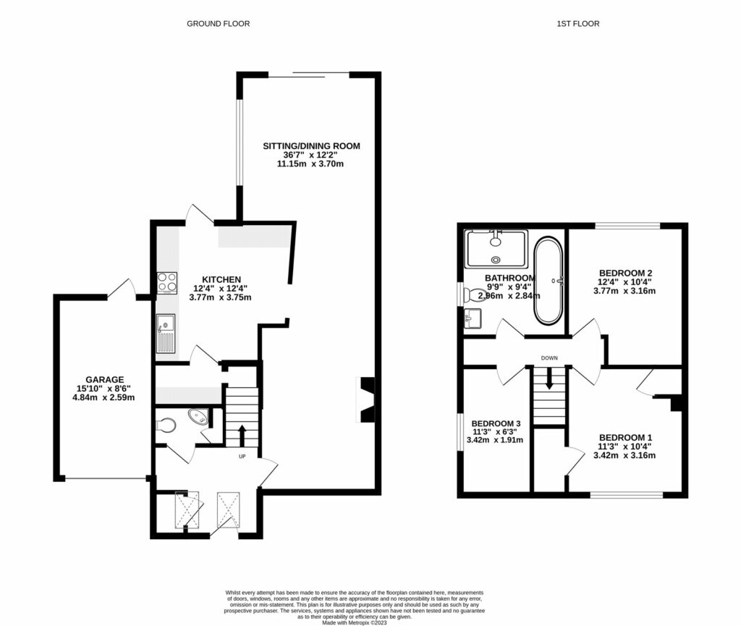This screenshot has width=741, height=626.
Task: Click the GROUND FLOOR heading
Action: (218, 24)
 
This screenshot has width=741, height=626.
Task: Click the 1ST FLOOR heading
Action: (577, 24)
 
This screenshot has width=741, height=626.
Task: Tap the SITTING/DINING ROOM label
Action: (310, 146)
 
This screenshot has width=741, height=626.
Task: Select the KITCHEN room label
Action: (221, 279)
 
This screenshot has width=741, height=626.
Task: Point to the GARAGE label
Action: (105, 379)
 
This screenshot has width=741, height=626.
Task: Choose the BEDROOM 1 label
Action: (626, 437)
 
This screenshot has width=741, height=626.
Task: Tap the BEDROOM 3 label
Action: (496, 423)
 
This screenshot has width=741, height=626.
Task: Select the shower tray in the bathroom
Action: (496, 248)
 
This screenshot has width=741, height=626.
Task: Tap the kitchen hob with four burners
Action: (167, 282)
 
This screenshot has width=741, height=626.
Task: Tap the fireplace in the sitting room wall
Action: (367, 398)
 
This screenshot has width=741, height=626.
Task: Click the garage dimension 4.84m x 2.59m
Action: (105, 397)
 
